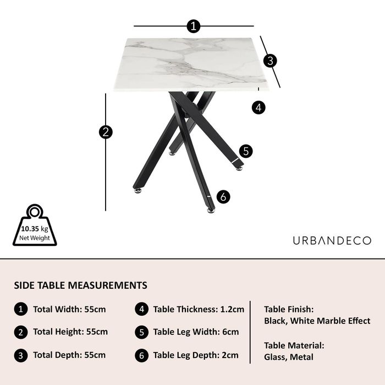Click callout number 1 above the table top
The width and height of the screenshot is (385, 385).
point(194,26)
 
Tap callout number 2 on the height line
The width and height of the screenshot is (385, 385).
point(106,132)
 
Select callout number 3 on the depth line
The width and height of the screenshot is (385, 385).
point(270,61)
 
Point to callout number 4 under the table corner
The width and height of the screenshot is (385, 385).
point(258,108)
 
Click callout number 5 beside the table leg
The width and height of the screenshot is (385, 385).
point(246,151)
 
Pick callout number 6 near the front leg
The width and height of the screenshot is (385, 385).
point(223,197)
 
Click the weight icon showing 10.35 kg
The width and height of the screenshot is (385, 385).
point(35,225)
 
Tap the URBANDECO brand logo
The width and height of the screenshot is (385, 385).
point(332,241)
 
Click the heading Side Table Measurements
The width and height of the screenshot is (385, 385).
point(80,285)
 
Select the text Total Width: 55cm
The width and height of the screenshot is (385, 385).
point(69,309)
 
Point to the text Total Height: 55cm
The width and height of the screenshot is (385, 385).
point(70,332)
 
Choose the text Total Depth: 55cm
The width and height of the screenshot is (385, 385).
point(69,355)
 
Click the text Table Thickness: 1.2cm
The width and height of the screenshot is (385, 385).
point(199,309)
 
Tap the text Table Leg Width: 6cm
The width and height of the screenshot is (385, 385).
point(196,332)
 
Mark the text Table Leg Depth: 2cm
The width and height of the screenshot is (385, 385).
point(196,355)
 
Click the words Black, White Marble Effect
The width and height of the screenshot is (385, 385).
point(317,321)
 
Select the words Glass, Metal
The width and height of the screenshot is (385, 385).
point(289,357)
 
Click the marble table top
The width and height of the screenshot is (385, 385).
point(191,64)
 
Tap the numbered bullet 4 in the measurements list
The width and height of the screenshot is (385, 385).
point(142,309)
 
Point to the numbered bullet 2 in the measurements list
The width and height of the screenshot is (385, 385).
point(21,332)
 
